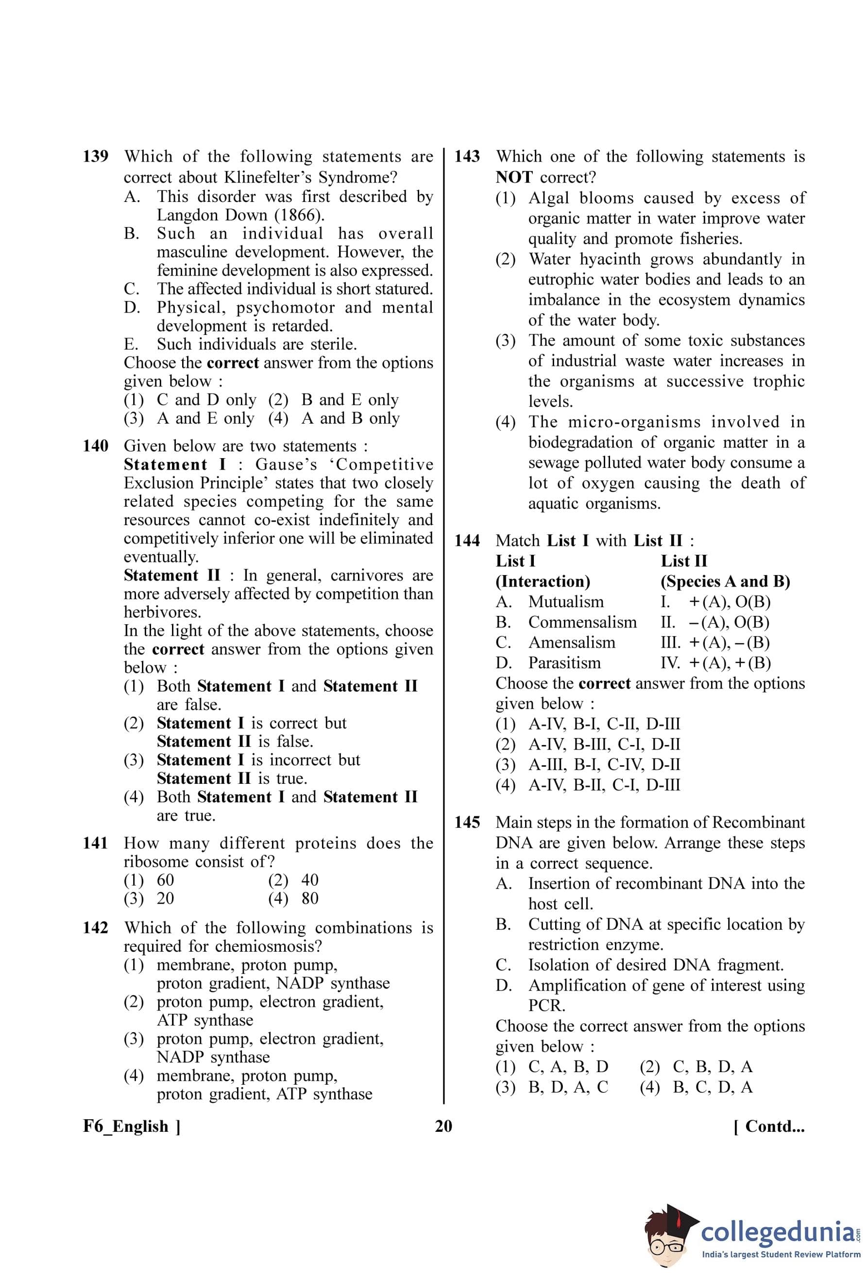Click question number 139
(95, 157)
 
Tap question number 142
(95, 928)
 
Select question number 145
(467, 823)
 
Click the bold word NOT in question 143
(513, 178)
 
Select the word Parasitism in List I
(564, 663)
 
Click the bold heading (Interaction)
(543, 581)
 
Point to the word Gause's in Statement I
(286, 464)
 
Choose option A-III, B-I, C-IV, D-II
(604, 765)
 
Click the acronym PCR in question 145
(546, 1006)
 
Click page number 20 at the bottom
(443, 1126)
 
